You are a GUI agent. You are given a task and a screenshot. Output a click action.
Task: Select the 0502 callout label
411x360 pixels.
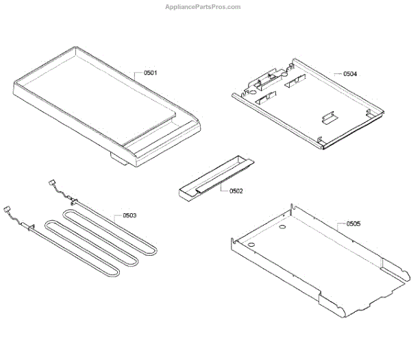pyautogui.click(x=235, y=191)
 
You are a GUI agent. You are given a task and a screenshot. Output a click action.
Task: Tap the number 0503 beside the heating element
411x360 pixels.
pyautogui.click(x=129, y=215)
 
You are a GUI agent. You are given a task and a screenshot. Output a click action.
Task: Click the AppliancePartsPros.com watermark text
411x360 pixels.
pyautogui.click(x=203, y=7)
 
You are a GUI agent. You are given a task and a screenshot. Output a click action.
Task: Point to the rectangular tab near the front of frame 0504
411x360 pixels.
pyautogui.click(x=327, y=119)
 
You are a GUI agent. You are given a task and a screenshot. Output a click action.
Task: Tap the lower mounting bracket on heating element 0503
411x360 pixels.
pyautogui.click(x=31, y=224)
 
